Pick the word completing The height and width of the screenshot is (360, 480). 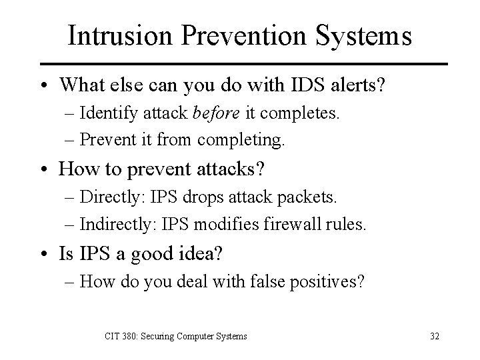pyautogui.click(x=247, y=141)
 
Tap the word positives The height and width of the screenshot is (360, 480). pyautogui.click(x=329, y=282)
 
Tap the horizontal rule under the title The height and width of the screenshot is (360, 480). pyautogui.click(x=239, y=64)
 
